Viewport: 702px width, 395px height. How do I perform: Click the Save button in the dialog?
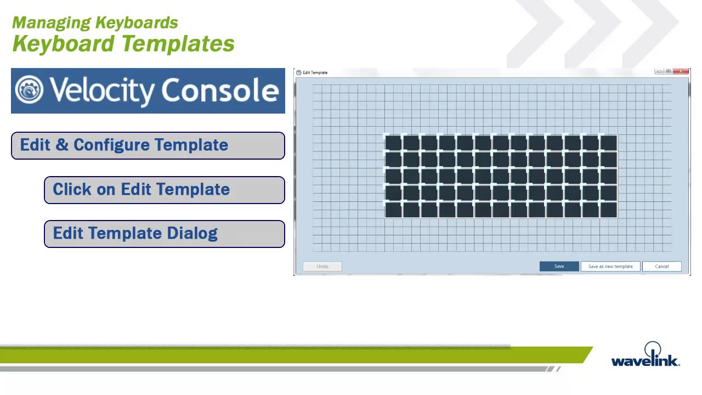(x=559, y=267)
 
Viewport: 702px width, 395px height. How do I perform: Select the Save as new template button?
(x=610, y=267)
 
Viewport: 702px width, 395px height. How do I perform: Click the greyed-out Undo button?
(x=322, y=267)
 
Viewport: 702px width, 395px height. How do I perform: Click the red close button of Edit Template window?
(x=681, y=71)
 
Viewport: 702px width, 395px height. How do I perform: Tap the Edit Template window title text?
(x=315, y=72)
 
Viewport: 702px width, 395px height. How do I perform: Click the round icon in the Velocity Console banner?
(x=29, y=90)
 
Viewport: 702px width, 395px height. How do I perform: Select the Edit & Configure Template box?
(x=148, y=145)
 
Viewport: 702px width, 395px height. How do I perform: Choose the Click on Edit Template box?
(x=164, y=190)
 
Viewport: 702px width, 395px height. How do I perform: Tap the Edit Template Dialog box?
(x=164, y=234)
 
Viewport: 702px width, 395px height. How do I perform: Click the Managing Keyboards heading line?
(x=95, y=22)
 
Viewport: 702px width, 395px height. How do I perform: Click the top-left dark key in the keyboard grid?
(x=393, y=143)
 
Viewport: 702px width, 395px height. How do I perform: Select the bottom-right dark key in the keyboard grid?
(x=608, y=210)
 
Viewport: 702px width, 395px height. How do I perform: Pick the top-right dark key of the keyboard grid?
(x=608, y=143)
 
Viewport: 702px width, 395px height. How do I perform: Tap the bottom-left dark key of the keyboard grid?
(x=393, y=210)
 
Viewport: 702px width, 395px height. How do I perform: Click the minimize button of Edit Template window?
(x=659, y=71)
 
